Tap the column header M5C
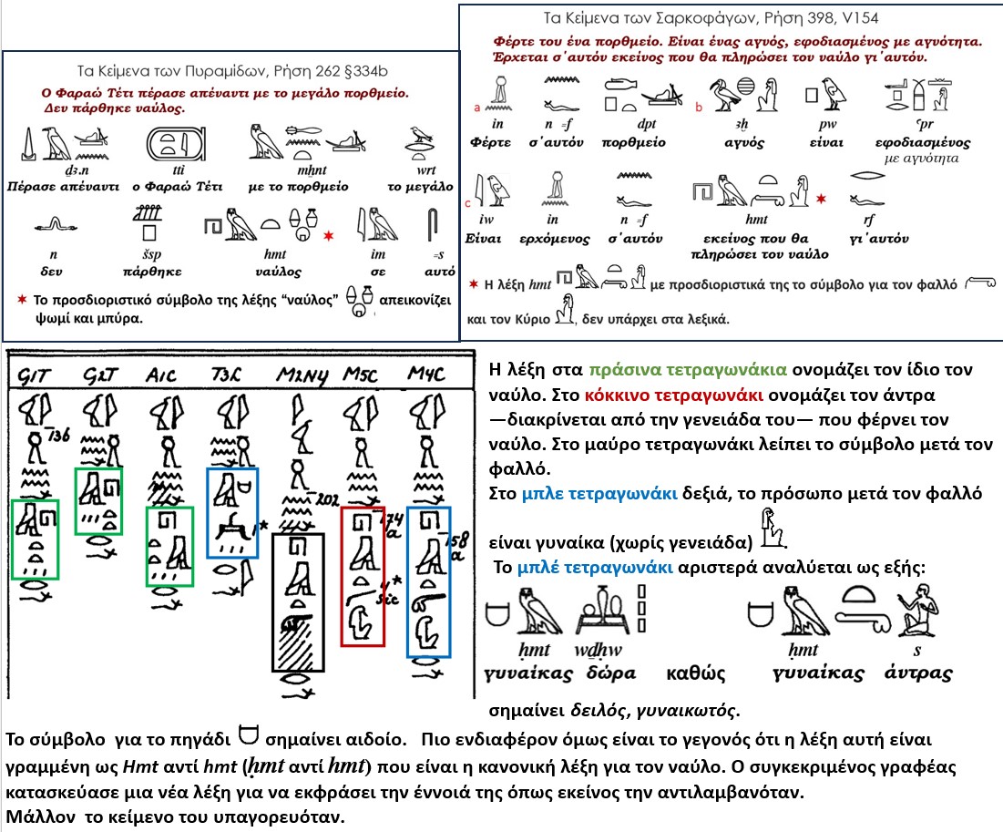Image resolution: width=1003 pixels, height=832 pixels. click(x=360, y=375)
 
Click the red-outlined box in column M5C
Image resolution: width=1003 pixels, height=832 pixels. click(x=363, y=576)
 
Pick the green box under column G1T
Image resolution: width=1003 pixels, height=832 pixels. click(x=35, y=539)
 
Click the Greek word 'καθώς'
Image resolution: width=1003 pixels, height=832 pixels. click(x=697, y=673)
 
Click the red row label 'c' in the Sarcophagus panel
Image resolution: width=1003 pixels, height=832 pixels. click(x=467, y=201)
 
